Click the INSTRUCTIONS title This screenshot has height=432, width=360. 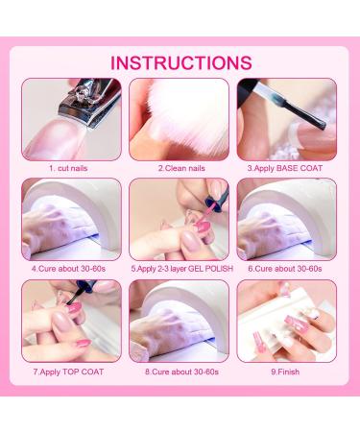point(181,62)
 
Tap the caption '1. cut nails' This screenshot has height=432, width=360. point(68,168)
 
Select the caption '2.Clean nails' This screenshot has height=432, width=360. point(181,168)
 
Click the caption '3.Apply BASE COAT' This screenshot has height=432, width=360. point(285,168)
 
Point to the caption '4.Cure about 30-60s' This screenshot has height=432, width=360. point(68,269)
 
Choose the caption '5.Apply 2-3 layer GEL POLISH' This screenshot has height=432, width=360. point(181,269)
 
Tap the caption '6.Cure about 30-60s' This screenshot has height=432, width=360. point(285,269)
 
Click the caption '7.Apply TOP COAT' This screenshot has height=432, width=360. point(68,372)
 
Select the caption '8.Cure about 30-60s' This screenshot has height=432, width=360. point(181,372)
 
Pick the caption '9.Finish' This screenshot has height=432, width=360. point(285,372)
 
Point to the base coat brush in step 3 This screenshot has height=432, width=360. point(287,103)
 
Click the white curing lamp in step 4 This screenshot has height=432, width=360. point(80,204)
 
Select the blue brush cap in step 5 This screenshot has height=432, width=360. point(215,197)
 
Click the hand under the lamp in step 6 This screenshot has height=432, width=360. point(262,233)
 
